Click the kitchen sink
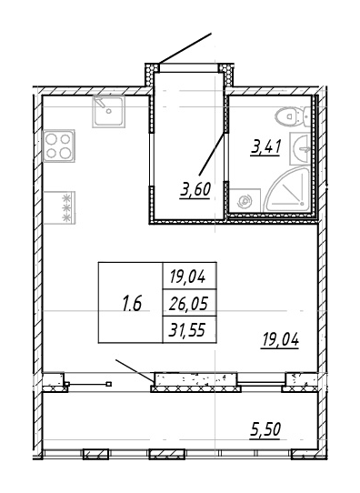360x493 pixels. [x=109, y=113]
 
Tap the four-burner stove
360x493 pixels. [x=60, y=146]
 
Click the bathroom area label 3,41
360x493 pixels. [x=265, y=147]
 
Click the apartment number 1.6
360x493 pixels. [x=131, y=303]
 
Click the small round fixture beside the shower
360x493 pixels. [x=245, y=201]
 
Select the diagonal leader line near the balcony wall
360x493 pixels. [x=135, y=371]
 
